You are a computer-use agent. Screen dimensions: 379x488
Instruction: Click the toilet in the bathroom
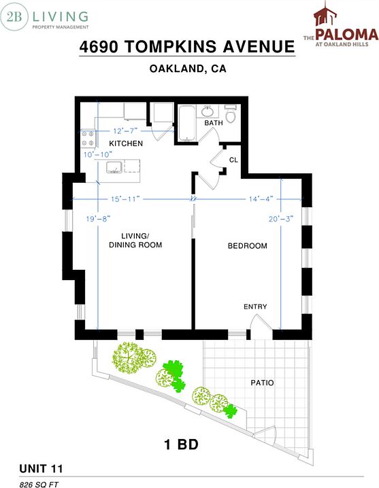(x=231, y=114)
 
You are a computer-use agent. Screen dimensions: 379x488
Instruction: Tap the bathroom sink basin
(x=207, y=111)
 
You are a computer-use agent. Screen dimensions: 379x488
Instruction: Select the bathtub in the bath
(x=186, y=123)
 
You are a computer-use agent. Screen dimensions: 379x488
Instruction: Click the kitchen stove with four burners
(x=88, y=139)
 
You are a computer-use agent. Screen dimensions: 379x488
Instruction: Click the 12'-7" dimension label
(x=125, y=131)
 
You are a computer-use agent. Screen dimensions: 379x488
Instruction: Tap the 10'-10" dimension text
(x=98, y=154)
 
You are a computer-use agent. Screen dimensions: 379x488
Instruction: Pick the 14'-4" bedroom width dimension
(x=261, y=199)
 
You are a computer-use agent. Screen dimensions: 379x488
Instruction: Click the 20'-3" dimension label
(x=281, y=219)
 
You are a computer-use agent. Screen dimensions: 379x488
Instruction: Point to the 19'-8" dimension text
(x=98, y=219)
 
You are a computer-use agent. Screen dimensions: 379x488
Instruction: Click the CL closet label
(x=233, y=160)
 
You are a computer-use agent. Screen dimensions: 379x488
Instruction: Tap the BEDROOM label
(x=248, y=246)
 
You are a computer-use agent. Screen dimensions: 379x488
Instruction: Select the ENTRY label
(x=255, y=307)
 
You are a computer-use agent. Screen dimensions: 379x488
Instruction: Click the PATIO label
(x=262, y=383)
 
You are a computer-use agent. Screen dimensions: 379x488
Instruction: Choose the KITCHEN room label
(x=126, y=143)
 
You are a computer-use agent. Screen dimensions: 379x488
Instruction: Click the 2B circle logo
(x=14, y=16)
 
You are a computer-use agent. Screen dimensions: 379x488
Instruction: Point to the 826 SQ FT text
(x=39, y=485)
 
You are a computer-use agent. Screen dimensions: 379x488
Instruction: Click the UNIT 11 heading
(x=41, y=469)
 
